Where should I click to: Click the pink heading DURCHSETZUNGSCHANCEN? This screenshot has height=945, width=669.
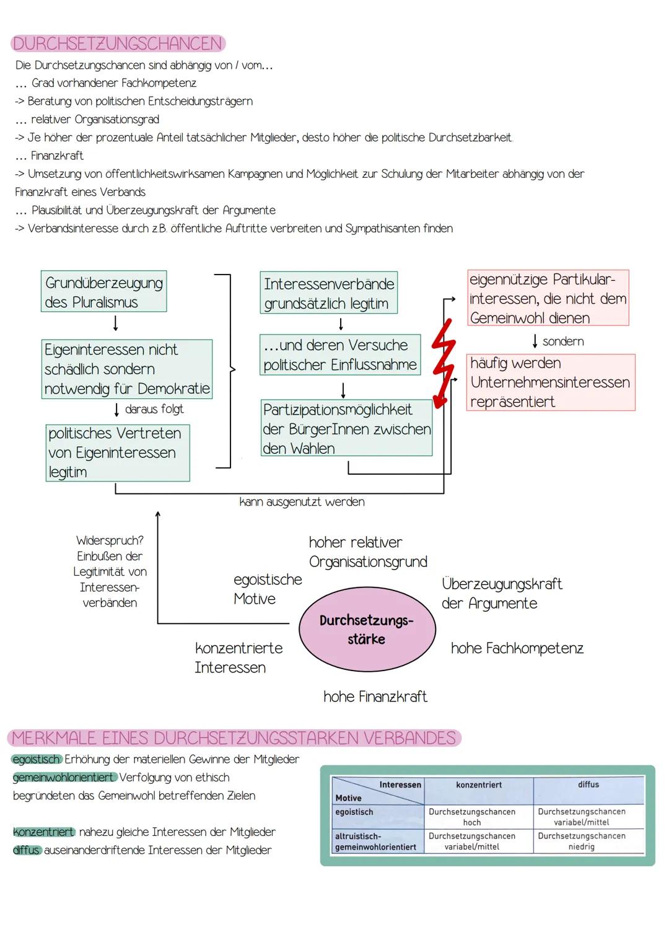118,43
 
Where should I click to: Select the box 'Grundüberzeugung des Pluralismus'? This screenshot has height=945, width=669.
103,292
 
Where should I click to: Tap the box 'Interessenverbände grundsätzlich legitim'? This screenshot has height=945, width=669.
328,293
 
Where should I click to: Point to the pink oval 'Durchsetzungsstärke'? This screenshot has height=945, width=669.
367,630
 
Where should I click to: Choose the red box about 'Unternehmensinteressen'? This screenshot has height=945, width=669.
550,382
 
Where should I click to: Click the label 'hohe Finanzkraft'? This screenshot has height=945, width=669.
375,697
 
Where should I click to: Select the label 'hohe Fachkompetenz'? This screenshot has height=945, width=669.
517,648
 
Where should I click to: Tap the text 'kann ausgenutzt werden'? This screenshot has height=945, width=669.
302,502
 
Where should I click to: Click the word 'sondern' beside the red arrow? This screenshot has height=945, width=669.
562,341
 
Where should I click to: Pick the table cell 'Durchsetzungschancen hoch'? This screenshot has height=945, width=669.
472,817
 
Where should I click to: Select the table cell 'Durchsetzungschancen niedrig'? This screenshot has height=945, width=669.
581,841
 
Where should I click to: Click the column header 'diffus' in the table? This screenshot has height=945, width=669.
588,785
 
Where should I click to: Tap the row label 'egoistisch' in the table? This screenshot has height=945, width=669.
354,812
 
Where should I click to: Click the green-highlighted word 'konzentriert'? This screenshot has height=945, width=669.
43,832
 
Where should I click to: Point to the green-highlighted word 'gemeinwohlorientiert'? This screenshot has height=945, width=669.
64,777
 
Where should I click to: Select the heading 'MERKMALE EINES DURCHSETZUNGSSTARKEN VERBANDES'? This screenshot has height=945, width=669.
234,738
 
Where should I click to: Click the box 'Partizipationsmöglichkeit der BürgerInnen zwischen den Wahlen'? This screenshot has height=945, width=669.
346,429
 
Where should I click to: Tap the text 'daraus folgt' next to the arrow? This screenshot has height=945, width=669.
154,409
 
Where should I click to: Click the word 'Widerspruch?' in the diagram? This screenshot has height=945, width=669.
110,540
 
